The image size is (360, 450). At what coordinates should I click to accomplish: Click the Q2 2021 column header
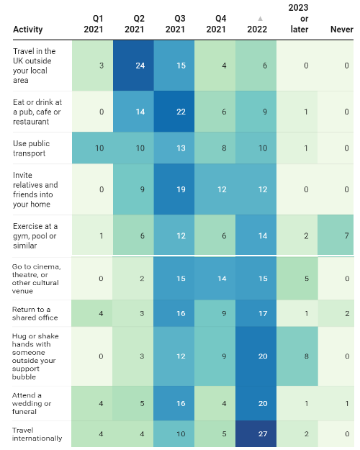(135, 24)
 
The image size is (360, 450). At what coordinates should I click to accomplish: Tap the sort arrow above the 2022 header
(260, 19)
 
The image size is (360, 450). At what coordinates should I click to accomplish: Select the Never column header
(341, 30)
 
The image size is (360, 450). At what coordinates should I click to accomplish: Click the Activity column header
(28, 30)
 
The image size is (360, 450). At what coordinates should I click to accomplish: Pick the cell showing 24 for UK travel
(133, 66)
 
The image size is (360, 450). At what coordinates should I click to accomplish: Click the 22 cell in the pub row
(174, 112)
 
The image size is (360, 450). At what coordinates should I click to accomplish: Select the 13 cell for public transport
(174, 148)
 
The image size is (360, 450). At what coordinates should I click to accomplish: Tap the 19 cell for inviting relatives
(174, 189)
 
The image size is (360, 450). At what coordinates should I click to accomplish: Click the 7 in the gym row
(336, 235)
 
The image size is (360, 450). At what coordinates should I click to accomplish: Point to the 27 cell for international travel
(256, 433)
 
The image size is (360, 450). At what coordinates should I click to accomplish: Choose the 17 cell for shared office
(256, 313)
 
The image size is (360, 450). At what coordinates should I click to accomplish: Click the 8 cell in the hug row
(297, 356)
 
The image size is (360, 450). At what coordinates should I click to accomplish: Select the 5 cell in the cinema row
(297, 279)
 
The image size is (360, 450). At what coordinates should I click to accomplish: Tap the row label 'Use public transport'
(31, 148)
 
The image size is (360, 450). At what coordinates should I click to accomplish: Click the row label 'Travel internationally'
(37, 434)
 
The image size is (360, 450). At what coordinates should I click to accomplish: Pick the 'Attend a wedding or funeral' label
(32, 403)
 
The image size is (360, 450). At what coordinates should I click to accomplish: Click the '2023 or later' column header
(299, 19)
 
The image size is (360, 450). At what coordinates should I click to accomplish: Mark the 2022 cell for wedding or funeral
(256, 403)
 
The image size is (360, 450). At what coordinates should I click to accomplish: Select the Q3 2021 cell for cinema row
(174, 279)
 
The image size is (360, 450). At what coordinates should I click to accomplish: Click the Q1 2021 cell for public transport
(92, 148)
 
